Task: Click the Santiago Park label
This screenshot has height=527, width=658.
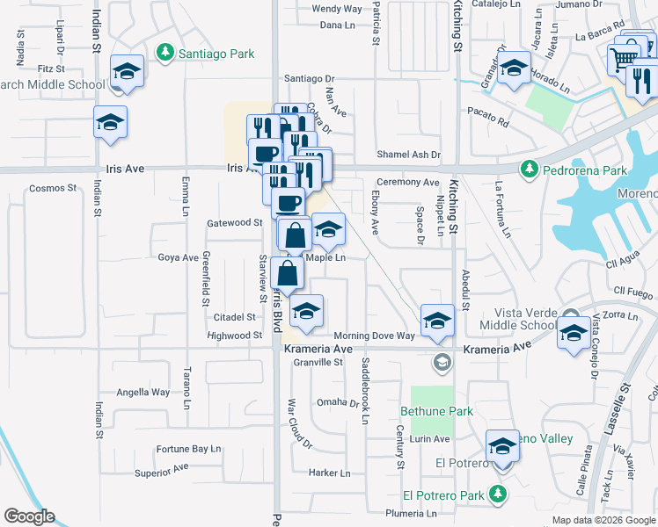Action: [x=216, y=54]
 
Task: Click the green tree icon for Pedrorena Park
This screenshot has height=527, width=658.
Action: [x=530, y=168]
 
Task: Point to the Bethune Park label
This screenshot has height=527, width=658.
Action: [x=436, y=411]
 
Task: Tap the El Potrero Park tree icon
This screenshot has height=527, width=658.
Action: [x=499, y=495]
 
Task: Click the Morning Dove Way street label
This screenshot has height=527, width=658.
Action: [x=374, y=336]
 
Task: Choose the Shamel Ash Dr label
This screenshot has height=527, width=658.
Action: [x=408, y=155]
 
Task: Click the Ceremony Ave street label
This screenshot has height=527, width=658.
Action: [x=407, y=182]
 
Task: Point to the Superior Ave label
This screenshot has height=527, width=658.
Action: [x=161, y=473]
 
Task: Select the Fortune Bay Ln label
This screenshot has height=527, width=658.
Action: [x=188, y=448]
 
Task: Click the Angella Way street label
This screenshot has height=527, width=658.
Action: [x=143, y=393]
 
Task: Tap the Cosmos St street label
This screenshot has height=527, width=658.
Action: [x=48, y=188]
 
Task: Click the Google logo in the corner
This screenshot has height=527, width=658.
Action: [x=29, y=516]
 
